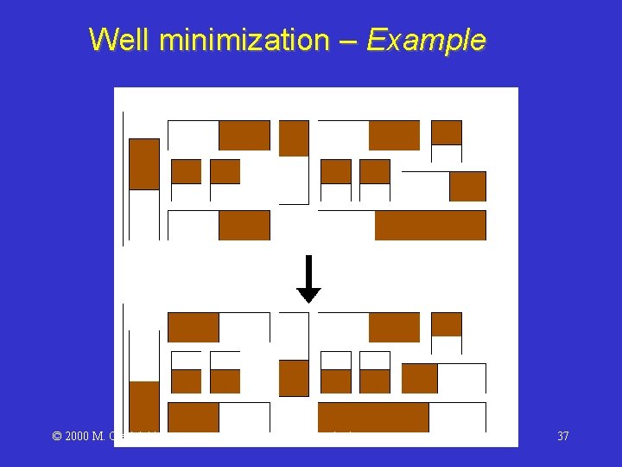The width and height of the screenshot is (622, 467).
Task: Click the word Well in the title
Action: pos(117,40)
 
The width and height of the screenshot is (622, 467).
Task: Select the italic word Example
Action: pos(425,40)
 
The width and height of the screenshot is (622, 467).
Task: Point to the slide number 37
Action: pos(562,436)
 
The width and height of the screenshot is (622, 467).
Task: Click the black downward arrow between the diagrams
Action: pos(308,277)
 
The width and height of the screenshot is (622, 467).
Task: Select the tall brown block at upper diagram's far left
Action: pos(144,163)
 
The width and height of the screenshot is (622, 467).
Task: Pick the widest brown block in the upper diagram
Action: pos(430,225)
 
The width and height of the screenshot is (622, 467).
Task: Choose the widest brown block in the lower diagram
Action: pos(373,417)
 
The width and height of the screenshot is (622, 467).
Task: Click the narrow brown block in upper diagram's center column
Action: pos(294,138)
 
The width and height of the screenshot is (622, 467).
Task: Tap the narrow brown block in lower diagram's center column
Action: pos(294,378)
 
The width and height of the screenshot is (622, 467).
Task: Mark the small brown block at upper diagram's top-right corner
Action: pos(446,132)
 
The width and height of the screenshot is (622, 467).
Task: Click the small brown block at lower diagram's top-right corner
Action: pos(446,324)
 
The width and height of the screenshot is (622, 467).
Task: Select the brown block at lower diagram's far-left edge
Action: pos(144,406)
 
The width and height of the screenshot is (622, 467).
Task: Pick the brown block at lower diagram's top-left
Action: pos(193,328)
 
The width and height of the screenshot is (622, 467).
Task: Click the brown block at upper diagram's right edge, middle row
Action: pos(467,186)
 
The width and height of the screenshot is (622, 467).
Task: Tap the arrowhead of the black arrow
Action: pos(308,295)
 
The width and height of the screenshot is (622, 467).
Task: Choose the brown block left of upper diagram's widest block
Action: pos(244,225)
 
